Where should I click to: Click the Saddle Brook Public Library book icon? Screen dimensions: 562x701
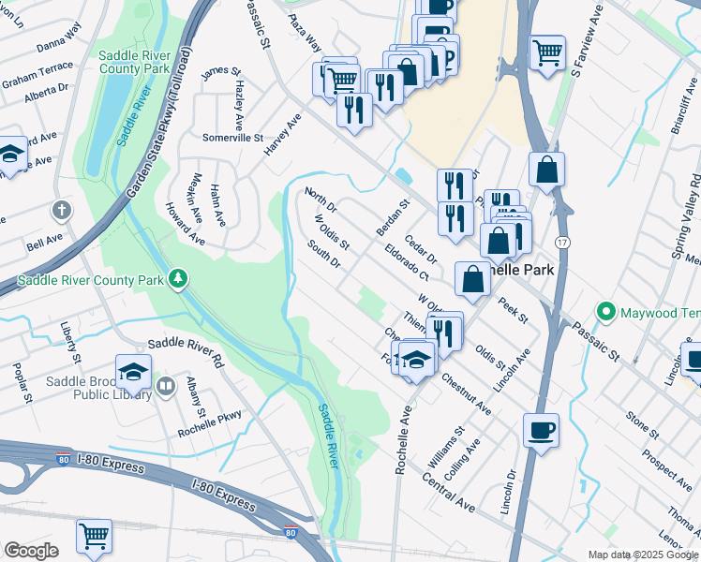pyautogui.click(x=166, y=385)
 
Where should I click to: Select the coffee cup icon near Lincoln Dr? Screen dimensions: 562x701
pyautogui.click(x=541, y=431)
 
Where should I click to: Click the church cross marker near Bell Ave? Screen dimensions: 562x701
pyautogui.click(x=63, y=210)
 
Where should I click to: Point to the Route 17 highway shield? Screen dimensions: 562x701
pyautogui.click(x=560, y=242)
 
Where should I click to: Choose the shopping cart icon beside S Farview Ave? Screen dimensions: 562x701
pyautogui.click(x=547, y=52)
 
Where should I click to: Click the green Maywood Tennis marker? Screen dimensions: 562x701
pyautogui.click(x=606, y=311)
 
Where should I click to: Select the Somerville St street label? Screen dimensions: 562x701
pyautogui.click(x=233, y=137)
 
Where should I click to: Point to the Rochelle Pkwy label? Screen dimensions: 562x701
pyautogui.click(x=210, y=424)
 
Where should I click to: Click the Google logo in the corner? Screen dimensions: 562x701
pyautogui.click(x=31, y=551)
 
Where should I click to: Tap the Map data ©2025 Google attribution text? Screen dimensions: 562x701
pyautogui.click(x=642, y=555)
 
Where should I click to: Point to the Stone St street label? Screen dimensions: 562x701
pyautogui.click(x=643, y=423)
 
